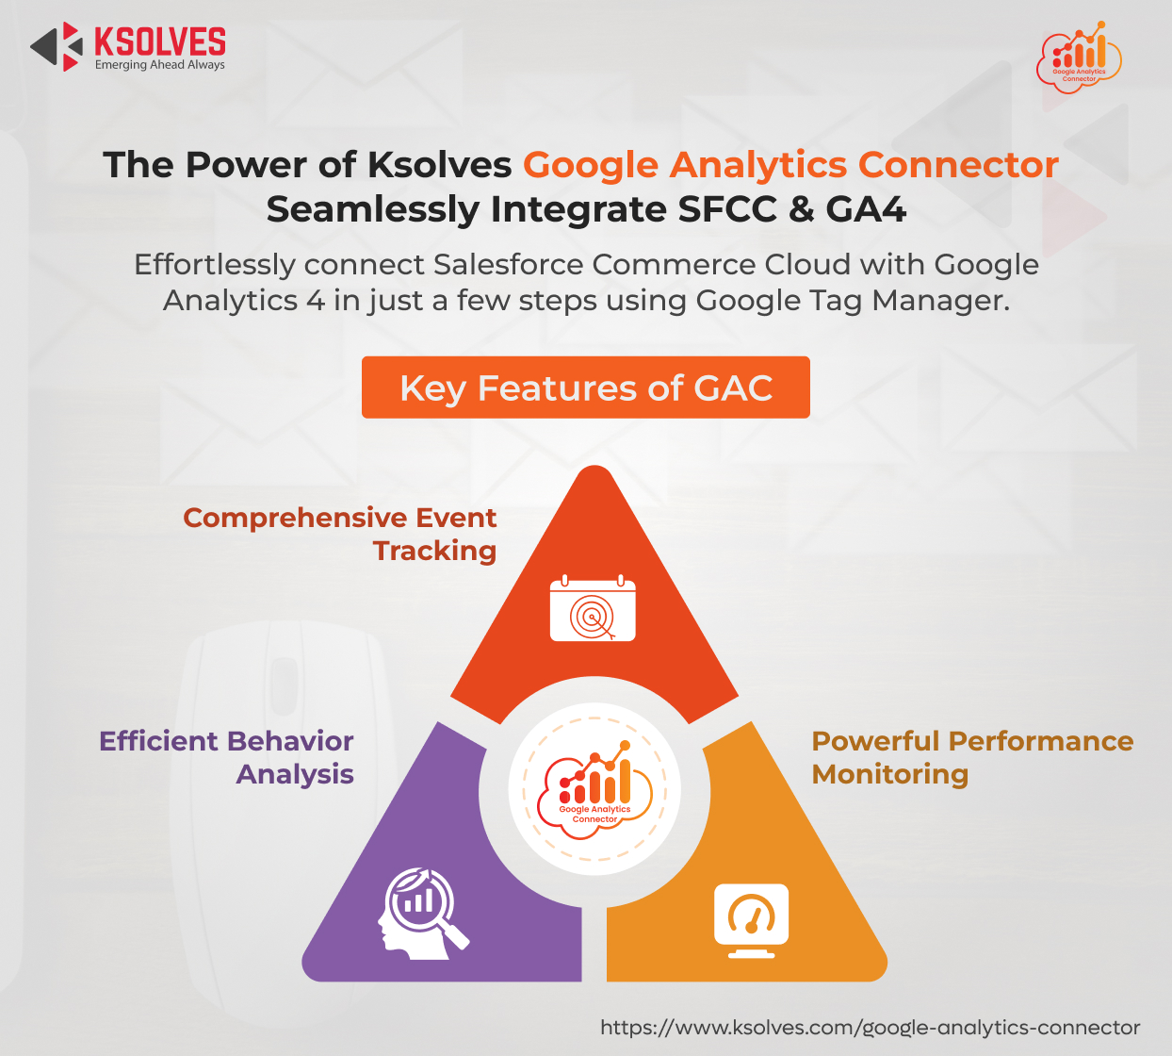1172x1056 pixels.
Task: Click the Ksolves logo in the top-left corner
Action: pos(128,47)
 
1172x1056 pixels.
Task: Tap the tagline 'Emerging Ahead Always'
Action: pos(160,65)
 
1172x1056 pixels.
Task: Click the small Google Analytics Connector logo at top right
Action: pos(1079,58)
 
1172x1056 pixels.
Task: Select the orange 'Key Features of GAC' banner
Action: pos(585,388)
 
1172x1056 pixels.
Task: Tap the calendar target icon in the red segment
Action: pos(593,608)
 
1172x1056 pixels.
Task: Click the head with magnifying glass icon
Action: pos(423,914)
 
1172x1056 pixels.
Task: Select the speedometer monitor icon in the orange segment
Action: pos(751,921)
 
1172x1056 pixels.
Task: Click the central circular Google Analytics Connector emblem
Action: pos(594,788)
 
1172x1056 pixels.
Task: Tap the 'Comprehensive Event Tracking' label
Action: pos(340,534)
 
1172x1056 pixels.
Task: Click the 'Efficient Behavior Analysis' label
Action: pos(227,757)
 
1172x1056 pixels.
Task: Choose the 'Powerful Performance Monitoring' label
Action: pos(973,757)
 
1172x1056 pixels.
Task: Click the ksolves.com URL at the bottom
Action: pos(870,1028)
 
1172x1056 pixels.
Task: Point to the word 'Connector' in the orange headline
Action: pos(958,164)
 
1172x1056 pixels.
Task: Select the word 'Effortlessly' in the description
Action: pos(215,265)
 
